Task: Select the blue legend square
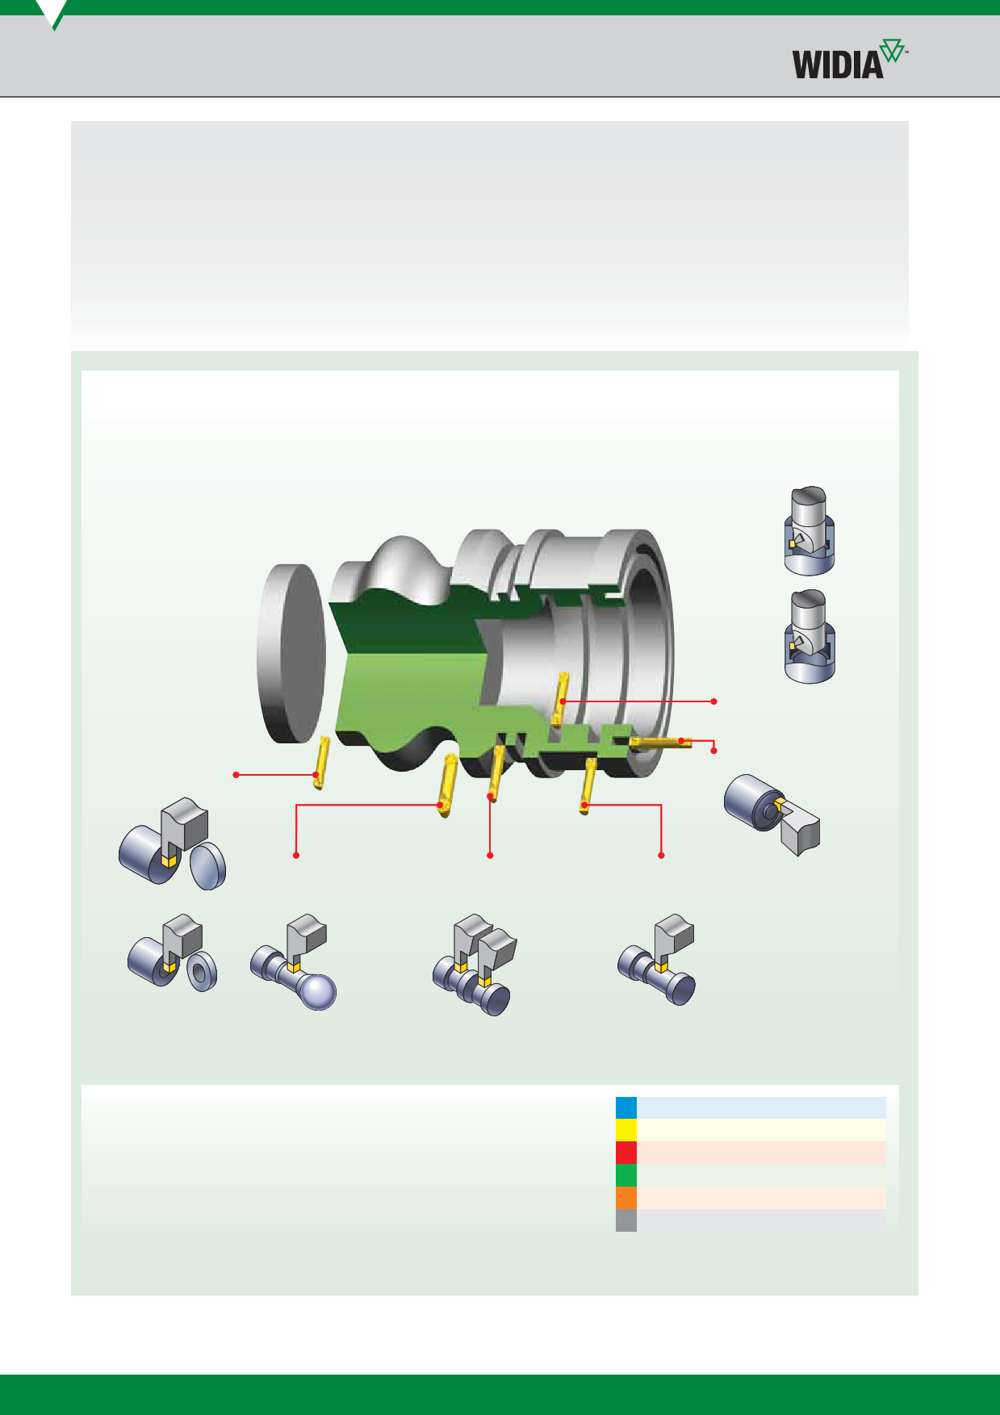pos(626,1107)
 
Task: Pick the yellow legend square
pos(626,1130)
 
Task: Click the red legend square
pos(626,1153)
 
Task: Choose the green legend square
pos(626,1175)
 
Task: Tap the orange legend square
pos(626,1198)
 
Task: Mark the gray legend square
pos(626,1220)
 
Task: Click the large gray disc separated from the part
pos(291,654)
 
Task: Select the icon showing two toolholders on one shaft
pos(473,964)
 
